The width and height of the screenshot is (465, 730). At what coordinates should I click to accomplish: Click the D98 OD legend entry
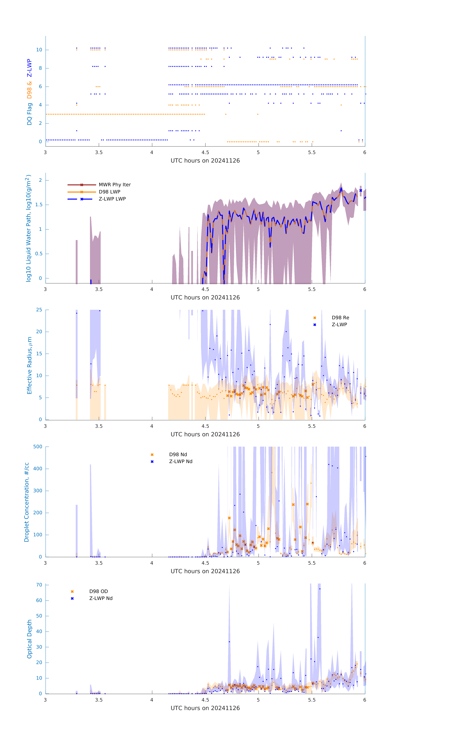(x=98, y=591)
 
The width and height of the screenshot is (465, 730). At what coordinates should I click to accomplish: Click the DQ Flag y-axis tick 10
(x=39, y=50)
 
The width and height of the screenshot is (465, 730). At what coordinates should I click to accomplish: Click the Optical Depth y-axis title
(x=29, y=639)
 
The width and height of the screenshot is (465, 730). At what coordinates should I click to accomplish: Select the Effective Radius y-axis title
(x=29, y=365)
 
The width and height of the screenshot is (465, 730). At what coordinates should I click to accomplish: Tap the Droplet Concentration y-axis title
(x=27, y=502)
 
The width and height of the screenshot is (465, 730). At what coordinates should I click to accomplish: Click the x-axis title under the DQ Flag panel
(x=205, y=161)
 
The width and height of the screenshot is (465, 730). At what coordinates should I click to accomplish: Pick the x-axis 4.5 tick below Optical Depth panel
(x=205, y=700)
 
